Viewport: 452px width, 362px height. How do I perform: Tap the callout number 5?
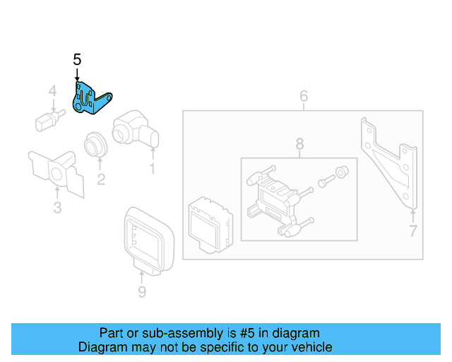(x=77, y=60)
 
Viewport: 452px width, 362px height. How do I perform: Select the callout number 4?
(x=52, y=91)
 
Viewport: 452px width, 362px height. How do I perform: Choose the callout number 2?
(x=101, y=180)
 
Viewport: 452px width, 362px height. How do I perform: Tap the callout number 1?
(x=151, y=169)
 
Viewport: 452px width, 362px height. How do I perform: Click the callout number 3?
(x=57, y=207)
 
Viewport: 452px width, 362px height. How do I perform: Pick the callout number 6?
(x=304, y=95)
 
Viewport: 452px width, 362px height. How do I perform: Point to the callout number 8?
(x=299, y=144)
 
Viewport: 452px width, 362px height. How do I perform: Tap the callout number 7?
(x=412, y=230)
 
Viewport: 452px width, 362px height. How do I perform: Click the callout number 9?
(x=141, y=291)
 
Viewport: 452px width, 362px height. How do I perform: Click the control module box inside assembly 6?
(x=208, y=223)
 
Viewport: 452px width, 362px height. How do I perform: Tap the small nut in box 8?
(x=342, y=170)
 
